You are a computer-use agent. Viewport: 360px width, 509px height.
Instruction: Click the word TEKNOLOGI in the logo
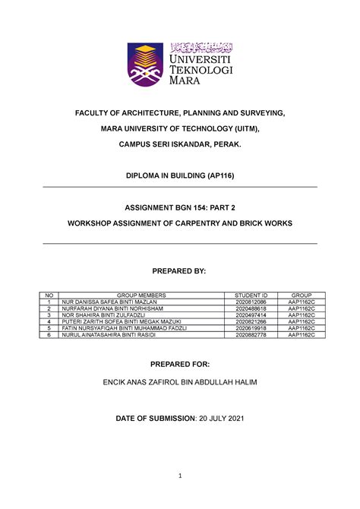point(201,69)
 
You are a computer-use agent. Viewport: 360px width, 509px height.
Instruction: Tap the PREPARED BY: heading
point(180,271)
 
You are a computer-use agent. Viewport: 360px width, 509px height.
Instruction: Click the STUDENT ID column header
point(251,294)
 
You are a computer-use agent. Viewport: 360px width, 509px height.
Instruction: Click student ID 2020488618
point(251,308)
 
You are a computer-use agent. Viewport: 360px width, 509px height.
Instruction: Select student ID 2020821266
point(251,322)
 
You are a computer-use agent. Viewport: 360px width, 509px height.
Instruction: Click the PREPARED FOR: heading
point(180,365)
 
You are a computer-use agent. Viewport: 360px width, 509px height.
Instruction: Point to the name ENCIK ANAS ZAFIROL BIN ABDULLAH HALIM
point(180,381)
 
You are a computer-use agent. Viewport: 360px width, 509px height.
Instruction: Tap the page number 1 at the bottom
point(180,476)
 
